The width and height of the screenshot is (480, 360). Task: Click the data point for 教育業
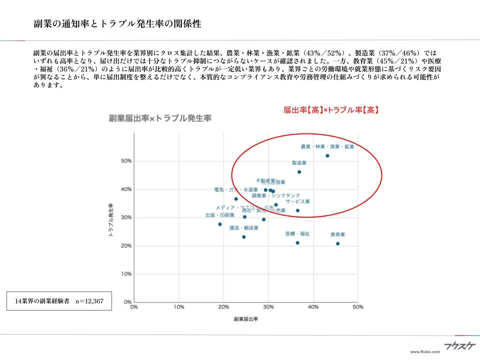[337, 243]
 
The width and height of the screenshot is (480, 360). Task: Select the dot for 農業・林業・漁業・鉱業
[327, 155]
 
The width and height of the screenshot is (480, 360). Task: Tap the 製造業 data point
[299, 172]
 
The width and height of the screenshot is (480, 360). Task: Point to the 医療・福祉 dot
[297, 243]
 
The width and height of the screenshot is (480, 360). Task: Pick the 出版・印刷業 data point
[220, 224]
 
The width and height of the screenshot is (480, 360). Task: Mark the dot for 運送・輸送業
[244, 237]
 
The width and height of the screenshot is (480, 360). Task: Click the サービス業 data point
[297, 210]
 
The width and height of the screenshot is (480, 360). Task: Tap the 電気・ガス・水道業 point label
[235, 190]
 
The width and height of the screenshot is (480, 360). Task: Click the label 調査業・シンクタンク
[276, 195]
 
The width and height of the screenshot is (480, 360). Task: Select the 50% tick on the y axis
[126, 161]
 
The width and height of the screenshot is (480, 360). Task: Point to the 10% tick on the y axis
[126, 274]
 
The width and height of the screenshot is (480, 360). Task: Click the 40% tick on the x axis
[313, 307]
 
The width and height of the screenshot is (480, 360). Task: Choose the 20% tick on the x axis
[223, 307]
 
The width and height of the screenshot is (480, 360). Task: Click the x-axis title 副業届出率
[245, 318]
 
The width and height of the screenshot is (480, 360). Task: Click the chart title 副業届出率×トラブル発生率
[160, 118]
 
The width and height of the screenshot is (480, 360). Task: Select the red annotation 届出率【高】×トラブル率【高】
[330, 109]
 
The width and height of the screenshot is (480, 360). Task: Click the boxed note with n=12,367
[59, 301]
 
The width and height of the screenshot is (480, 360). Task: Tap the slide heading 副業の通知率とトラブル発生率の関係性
[117, 24]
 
